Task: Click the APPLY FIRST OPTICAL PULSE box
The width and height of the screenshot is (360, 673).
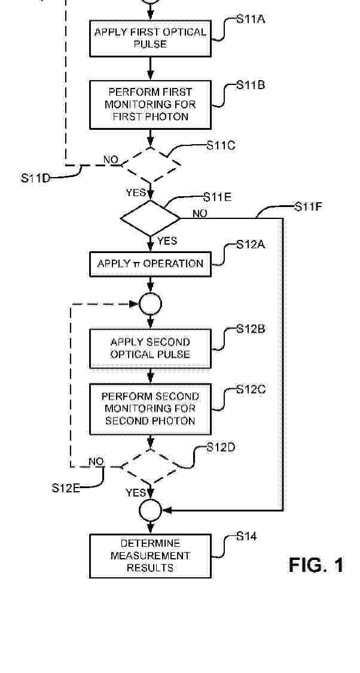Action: (150, 38)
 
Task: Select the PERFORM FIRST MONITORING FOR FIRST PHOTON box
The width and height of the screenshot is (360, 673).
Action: (150, 104)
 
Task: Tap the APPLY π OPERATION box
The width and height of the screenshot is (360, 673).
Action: (150, 264)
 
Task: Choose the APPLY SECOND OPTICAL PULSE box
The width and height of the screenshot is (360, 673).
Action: (150, 349)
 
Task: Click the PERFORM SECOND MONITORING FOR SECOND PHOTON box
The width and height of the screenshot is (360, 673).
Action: (150, 409)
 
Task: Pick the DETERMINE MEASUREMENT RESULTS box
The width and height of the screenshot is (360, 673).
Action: (150, 556)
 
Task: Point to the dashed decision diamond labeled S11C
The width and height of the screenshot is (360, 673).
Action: (151, 165)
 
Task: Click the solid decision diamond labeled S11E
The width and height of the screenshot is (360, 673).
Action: (151, 218)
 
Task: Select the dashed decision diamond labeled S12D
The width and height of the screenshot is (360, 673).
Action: (151, 467)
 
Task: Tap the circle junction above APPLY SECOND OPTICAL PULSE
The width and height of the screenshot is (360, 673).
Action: (151, 304)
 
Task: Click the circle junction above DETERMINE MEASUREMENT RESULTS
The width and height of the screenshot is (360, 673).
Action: (151, 511)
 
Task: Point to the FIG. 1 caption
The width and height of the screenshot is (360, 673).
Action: (316, 564)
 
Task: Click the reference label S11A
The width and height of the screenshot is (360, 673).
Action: (251, 19)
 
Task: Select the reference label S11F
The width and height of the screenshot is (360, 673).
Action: (309, 206)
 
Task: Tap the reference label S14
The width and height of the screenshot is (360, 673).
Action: (247, 536)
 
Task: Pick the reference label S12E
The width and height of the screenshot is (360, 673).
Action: (66, 488)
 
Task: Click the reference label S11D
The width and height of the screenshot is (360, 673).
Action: (35, 178)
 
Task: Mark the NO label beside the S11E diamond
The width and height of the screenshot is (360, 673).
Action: (200, 214)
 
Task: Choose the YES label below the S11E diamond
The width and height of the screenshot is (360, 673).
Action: (167, 241)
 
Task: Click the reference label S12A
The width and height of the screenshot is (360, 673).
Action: (251, 245)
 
